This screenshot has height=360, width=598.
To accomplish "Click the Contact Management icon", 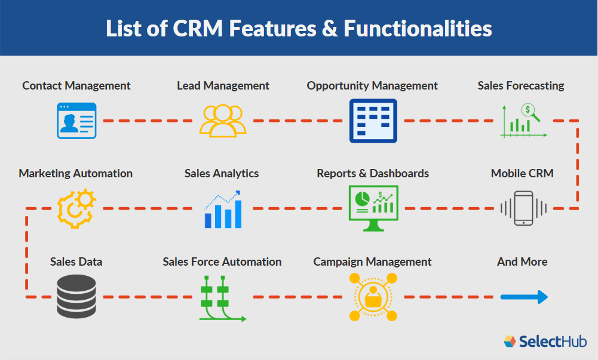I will coord(76,121).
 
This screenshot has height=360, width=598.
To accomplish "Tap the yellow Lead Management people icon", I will coord(223,121).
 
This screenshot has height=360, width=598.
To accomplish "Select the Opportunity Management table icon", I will coord(373,121).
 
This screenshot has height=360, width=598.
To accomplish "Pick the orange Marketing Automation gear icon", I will coord(76,208).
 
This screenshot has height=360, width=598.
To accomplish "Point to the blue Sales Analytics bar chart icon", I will coord(222,209).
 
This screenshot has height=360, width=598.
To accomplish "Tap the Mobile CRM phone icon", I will coord(523,208).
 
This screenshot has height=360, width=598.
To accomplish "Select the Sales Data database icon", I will coord(76,297).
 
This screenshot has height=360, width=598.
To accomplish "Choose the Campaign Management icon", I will coord(373,297).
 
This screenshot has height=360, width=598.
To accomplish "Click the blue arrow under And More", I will coord(523,297).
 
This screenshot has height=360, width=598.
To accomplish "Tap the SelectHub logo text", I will coord(552,341).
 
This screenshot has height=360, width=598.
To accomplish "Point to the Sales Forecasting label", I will coord(521,85).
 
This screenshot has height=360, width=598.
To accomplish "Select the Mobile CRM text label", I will coord(522,174).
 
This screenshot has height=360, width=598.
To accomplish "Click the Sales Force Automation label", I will coord(222,261).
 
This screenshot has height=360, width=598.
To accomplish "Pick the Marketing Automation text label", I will coord(76,174).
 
